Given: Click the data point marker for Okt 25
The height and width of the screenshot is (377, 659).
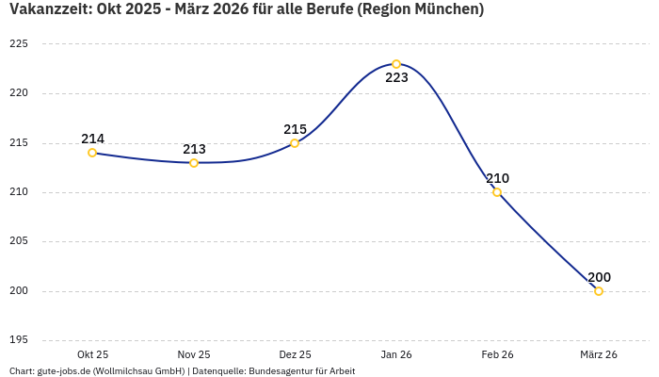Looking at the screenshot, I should [92, 153].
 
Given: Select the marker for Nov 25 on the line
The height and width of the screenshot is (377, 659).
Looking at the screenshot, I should [194, 163].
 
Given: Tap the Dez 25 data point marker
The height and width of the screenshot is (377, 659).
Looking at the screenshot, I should [295, 143].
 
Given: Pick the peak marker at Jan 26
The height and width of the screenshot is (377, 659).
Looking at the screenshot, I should [396, 64].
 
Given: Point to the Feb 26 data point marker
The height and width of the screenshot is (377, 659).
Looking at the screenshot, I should [497, 192].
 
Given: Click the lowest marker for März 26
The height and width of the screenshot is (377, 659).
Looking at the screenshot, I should [599, 291].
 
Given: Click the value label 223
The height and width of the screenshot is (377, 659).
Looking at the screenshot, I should [397, 78].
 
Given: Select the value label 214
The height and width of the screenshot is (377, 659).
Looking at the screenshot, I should [92, 139].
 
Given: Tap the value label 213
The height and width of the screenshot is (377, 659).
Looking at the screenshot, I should [194, 149].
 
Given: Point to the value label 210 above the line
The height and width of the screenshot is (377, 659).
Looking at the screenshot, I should [497, 178].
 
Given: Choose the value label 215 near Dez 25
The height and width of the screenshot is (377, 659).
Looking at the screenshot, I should [295, 129].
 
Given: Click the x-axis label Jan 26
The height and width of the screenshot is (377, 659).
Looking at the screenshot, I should [396, 354].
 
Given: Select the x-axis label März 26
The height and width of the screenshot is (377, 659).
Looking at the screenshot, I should [599, 354].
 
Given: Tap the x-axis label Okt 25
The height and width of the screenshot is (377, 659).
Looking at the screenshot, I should [92, 354].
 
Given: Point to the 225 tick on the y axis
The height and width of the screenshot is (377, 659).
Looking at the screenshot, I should [19, 44].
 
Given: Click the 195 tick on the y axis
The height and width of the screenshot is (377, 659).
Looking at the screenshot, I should [19, 340].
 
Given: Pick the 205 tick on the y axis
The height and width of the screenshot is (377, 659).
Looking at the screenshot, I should [19, 241].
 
